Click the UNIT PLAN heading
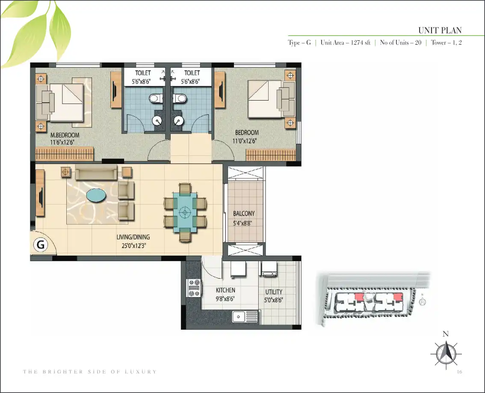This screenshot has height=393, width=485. pos(440,30)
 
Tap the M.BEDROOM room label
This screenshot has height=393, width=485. pos(65,135)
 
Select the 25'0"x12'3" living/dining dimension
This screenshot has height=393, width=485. pos(133,246)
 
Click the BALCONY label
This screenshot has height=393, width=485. pos(244,213)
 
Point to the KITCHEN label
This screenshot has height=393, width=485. pos(225,290)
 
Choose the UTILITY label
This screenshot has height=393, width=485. pos(274,292)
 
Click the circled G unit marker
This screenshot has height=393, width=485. pos(41,244)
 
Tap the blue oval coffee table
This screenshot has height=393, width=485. pos(96,195)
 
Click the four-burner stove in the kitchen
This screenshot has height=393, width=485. pos(194,288)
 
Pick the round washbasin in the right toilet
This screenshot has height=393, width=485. pos(178,120)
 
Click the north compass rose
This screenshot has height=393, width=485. pos(446,353)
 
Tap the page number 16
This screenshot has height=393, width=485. pos(459,372)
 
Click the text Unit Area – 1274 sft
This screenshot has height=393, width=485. pos(345,43)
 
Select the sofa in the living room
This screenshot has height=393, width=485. pos(96,172)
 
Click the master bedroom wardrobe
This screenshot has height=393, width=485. pos(64,154)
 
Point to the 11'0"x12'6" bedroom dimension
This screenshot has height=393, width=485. pos(245,141)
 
